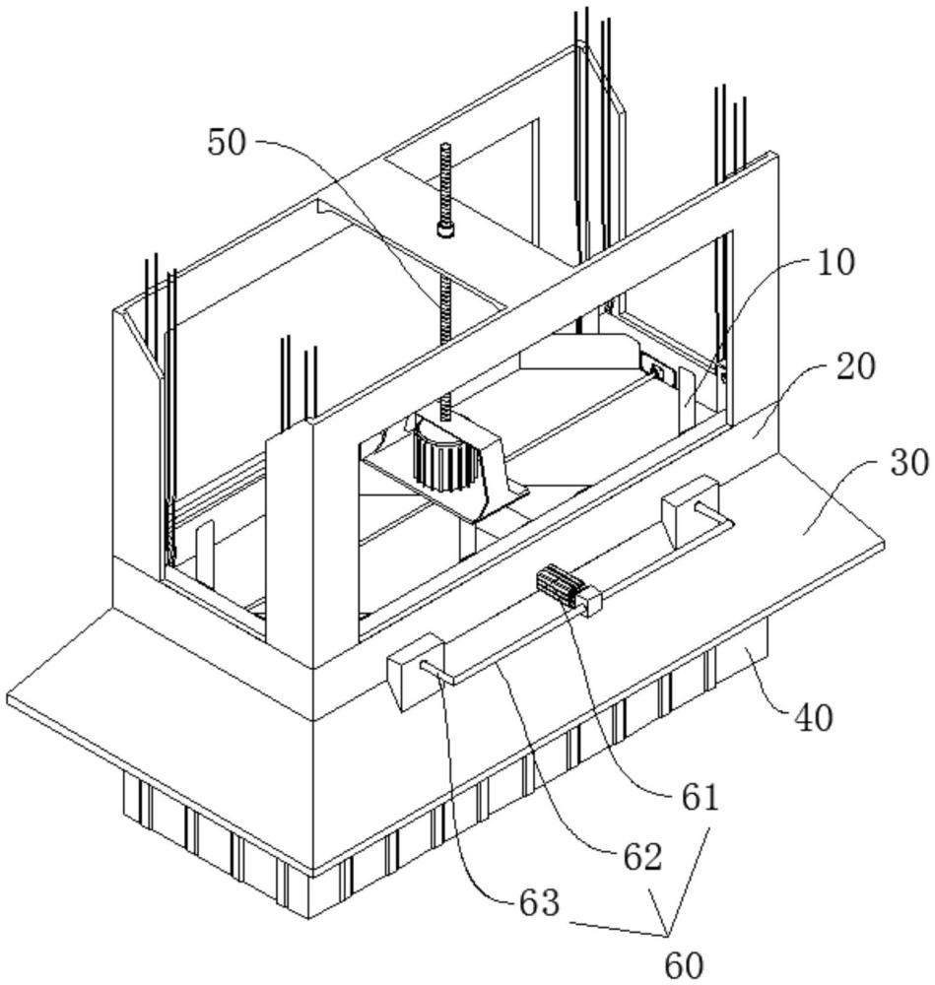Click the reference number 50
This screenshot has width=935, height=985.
[x=230, y=143]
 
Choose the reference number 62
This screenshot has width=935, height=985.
[x=639, y=857]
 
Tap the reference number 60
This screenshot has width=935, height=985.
[x=681, y=964]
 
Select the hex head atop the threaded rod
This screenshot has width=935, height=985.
[x=445, y=230]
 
